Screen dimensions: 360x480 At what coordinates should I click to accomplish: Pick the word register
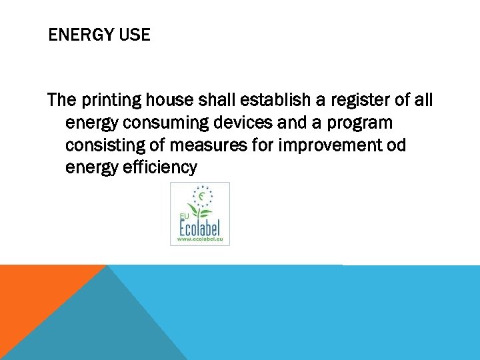point(361,101)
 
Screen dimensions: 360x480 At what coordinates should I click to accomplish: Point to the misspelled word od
point(395,145)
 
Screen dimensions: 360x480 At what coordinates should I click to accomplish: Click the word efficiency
point(160,168)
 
